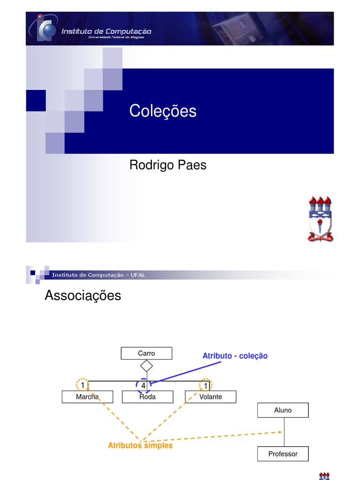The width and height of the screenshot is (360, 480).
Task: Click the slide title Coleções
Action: coord(163,111)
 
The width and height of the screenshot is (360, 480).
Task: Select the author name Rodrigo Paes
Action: coord(167,165)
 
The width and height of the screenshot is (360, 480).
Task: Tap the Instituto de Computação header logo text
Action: coord(107,31)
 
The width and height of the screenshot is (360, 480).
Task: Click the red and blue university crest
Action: coord(320,218)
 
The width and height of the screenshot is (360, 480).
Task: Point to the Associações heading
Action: coord(82,296)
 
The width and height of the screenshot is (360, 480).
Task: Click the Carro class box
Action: coord(146,353)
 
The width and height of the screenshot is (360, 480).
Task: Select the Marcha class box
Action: coord(87,397)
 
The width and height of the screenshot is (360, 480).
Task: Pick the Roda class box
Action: coord(147,397)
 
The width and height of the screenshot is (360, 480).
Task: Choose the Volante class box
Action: coord(210,397)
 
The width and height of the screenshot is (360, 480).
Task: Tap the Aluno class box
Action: coord(283,410)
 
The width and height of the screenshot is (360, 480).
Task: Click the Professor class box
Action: coord(283,454)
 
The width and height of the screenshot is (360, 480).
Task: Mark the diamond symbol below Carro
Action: coord(147,366)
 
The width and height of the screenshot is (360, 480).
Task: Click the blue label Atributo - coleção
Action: coord(235,356)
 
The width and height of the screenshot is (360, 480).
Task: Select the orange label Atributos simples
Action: coord(140,445)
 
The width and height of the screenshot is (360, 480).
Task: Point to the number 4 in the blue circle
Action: coord(143,385)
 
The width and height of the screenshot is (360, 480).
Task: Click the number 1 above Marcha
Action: coord(82,385)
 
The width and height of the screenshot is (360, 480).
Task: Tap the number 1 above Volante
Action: coord(206,385)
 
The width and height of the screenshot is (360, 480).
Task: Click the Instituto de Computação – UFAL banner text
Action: coord(98,275)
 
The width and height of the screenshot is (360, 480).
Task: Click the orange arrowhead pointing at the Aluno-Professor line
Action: coord(280,432)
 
